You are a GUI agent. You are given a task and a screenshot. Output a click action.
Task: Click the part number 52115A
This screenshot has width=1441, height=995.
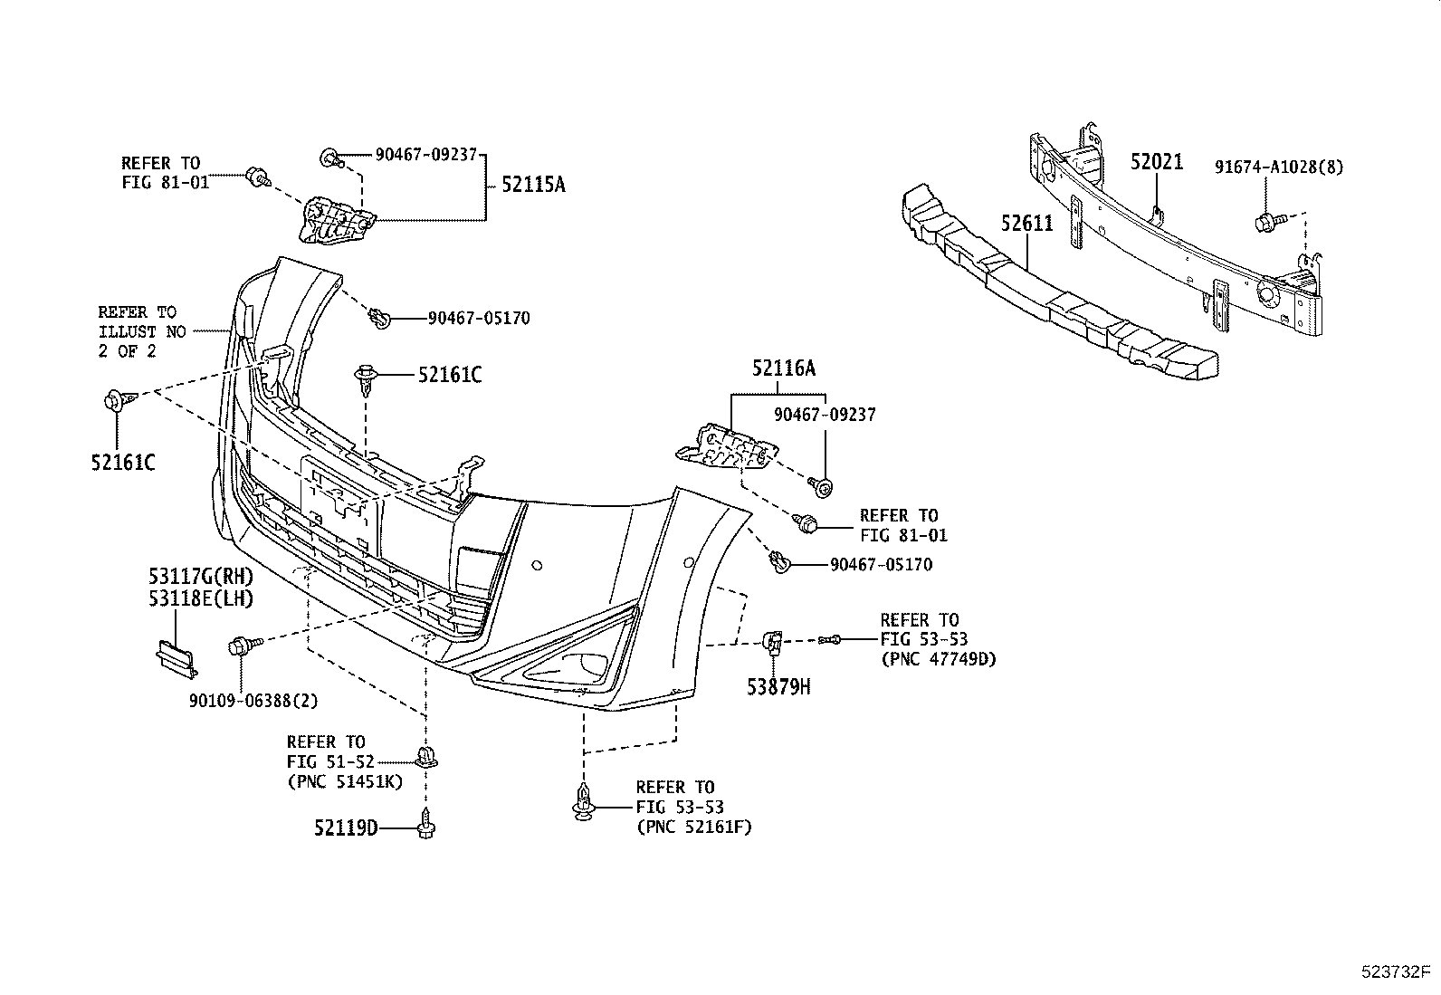533,184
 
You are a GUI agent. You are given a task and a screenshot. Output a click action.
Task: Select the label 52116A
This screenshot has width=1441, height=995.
783,368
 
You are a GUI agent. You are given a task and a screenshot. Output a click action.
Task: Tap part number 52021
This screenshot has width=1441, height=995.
1156,162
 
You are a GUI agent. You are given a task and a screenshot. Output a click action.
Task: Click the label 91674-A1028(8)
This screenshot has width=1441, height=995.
1280,167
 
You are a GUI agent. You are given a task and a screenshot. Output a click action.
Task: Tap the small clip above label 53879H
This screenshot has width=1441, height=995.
774,643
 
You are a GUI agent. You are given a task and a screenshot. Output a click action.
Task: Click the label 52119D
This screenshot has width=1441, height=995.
346,827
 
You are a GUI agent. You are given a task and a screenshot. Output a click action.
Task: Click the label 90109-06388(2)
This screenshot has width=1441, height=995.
253,700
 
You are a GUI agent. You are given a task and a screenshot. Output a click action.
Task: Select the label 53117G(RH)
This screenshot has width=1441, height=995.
201,577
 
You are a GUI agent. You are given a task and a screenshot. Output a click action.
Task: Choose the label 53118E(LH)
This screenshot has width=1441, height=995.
201,598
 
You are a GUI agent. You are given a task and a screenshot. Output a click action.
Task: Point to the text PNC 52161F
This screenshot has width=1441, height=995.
693,827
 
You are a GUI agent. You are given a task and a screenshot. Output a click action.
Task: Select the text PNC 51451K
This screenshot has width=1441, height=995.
345,781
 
